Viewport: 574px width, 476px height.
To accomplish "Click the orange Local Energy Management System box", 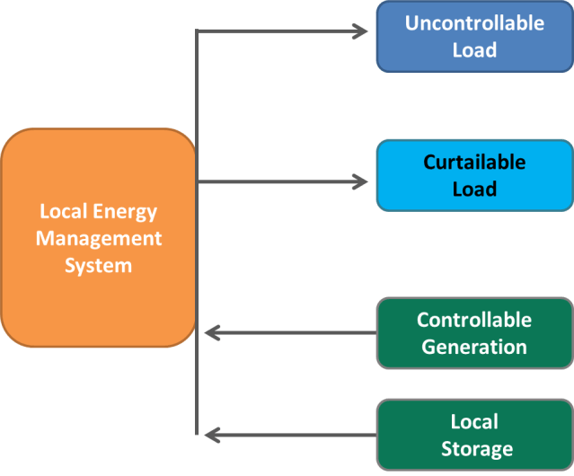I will click(98, 238).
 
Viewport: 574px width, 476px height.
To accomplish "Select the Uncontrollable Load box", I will click(474, 37).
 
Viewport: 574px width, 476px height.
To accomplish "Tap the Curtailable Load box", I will click(474, 176).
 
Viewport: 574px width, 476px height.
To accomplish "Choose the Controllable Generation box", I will click(474, 333).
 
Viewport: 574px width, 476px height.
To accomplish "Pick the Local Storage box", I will click(474, 435).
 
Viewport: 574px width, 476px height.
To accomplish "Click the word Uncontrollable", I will click(474, 23).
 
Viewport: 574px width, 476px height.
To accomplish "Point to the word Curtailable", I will click(474, 163).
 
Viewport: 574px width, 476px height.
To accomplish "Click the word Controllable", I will click(474, 320).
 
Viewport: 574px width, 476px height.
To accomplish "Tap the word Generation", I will click(474, 347).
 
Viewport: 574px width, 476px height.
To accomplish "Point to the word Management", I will click(99, 239).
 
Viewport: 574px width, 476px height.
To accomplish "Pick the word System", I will click(99, 266).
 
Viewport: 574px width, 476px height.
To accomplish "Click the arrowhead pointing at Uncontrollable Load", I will click(360, 31).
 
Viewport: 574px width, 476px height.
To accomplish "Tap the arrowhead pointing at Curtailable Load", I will click(360, 182).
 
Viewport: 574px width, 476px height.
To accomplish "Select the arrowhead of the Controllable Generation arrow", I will click(212, 333).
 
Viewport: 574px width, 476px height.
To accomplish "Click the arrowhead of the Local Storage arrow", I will click(212, 436).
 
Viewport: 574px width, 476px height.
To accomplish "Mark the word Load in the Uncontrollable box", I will click(474, 50).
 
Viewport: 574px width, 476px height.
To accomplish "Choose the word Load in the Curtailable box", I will click(474, 190).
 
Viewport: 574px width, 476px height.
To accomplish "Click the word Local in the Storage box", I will click(474, 421).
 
